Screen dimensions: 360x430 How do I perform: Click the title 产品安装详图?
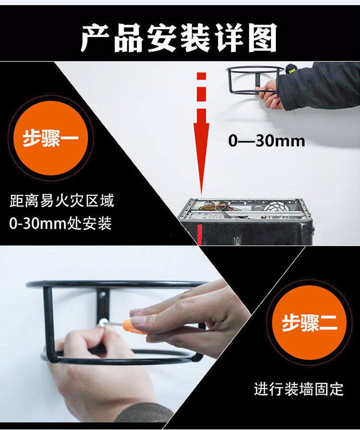coord(179,37)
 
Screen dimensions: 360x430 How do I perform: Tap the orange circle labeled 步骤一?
coord(51,138)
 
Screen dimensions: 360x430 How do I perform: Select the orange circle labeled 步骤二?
coord(309,322)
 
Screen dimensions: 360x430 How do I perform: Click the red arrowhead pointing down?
coord(202,158)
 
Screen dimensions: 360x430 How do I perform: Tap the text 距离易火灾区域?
coord(62,201)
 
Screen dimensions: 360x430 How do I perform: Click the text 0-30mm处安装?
coord(60,223)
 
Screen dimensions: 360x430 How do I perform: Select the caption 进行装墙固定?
coord(299,389)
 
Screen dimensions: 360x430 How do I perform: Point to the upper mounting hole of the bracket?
coord(103,295)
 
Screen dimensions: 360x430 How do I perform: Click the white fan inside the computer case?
coord(276,207)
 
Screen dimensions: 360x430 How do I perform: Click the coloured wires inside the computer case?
coord(215,208)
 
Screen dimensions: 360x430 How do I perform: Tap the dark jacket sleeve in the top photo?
coord(320,85)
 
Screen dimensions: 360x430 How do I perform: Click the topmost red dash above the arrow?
coord(202,76)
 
